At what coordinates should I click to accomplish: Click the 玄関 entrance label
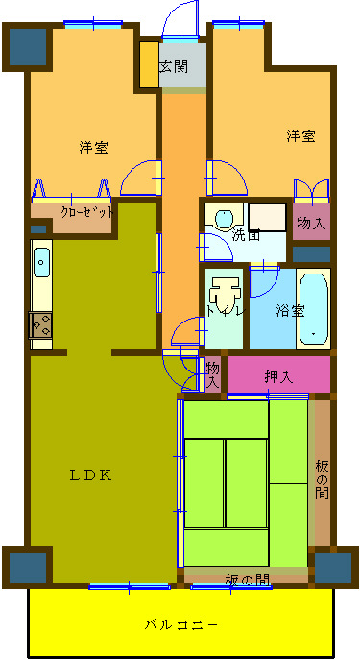[174, 66]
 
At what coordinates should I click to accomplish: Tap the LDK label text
[91, 475]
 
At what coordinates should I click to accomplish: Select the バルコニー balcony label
[181, 625]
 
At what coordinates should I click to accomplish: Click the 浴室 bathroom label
[290, 311]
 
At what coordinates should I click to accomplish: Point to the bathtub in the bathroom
[314, 309]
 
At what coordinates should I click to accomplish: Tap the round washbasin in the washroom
[224, 219]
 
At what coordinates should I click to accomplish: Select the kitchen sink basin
[41, 263]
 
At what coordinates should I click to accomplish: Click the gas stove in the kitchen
[40, 325]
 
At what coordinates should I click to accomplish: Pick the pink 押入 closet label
[278, 377]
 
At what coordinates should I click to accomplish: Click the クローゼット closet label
[87, 212]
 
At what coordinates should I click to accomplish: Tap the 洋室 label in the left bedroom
[93, 148]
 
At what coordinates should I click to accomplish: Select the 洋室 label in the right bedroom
[300, 136]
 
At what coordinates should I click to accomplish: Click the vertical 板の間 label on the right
[323, 480]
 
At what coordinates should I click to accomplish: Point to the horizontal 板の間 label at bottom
[247, 580]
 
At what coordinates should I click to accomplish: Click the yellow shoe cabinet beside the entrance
[150, 64]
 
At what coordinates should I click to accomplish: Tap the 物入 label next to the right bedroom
[311, 224]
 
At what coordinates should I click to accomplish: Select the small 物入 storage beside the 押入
[213, 374]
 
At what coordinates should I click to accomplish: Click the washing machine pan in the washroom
[268, 217]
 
